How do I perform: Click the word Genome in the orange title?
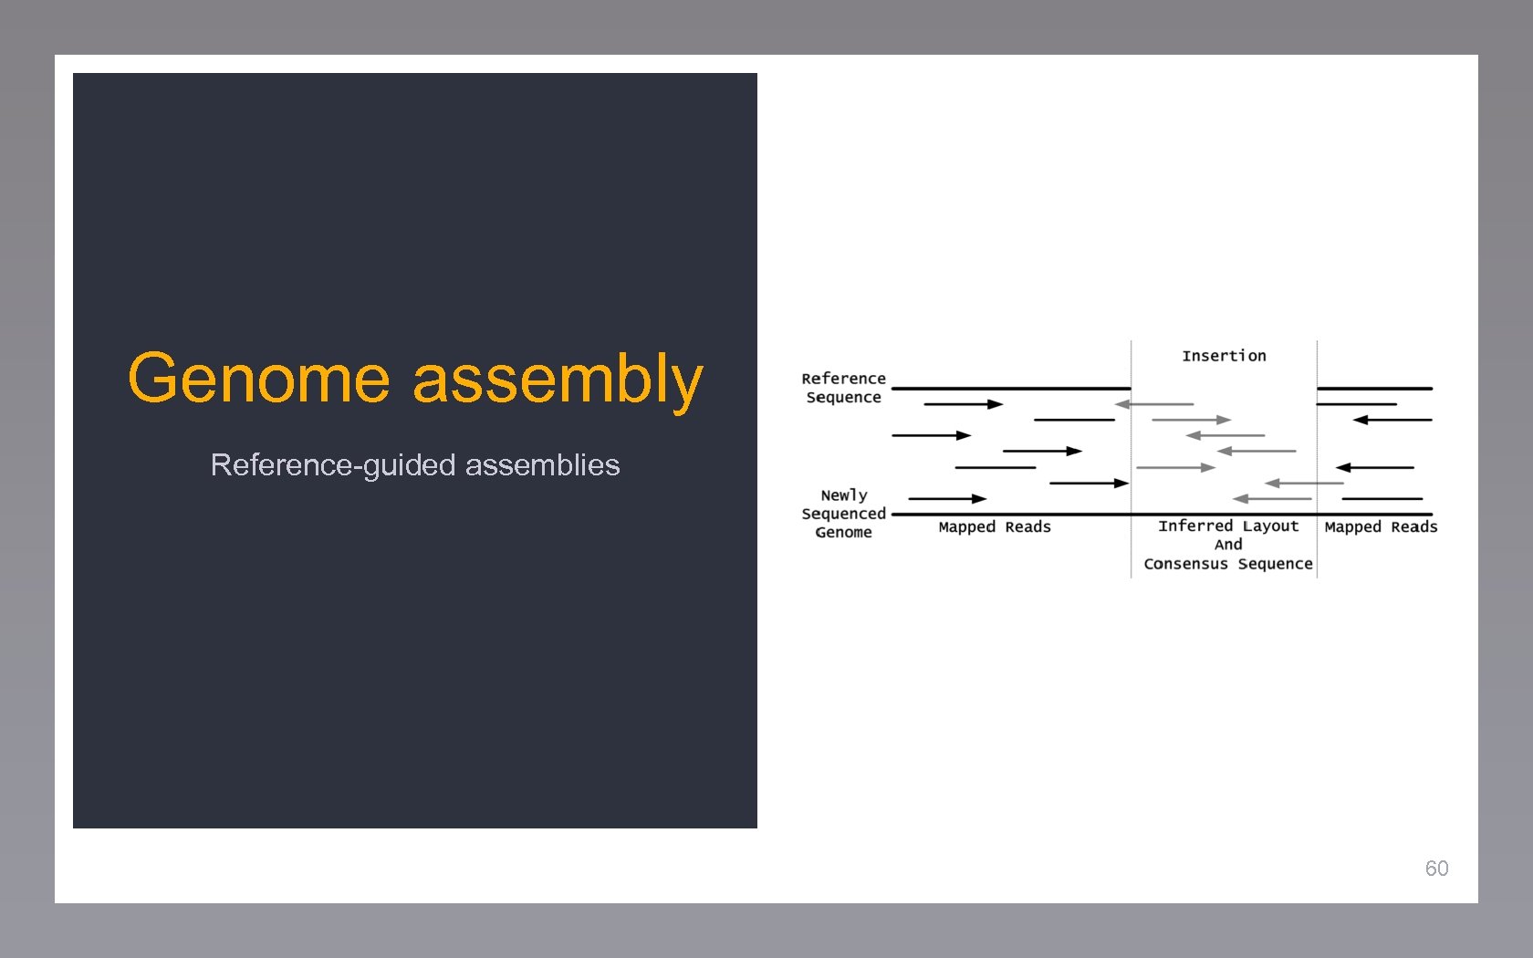click(259, 379)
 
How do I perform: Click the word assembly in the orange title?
click(558, 379)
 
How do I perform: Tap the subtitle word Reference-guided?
click(333, 465)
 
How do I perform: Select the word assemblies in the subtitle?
click(542, 465)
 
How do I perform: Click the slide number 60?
click(1436, 868)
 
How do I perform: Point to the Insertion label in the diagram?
click(1224, 356)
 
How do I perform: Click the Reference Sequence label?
click(843, 388)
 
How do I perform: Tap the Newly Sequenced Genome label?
click(843, 514)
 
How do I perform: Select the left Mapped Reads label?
click(995, 527)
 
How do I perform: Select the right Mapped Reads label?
click(1381, 527)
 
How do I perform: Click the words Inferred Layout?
click(1227, 526)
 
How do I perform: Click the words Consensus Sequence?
click(1227, 564)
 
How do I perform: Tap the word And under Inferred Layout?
click(1227, 545)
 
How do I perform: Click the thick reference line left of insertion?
click(1010, 389)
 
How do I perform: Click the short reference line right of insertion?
click(1373, 389)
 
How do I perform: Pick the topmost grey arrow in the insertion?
click(1154, 404)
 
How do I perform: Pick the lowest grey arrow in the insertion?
click(1272, 499)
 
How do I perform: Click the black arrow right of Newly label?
click(947, 499)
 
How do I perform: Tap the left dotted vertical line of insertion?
click(1131, 456)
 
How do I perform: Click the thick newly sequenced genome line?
click(1159, 515)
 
